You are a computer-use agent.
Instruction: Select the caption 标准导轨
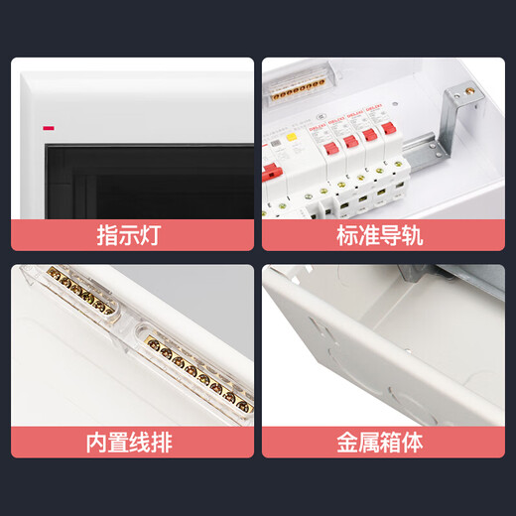click(x=382, y=235)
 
